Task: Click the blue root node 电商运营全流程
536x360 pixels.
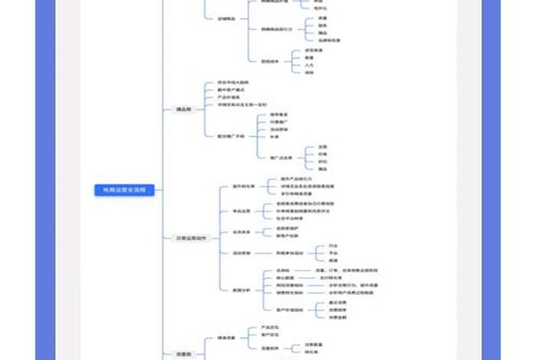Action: pyautogui.click(x=124, y=189)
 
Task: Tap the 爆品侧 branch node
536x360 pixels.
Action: pyautogui.click(x=183, y=110)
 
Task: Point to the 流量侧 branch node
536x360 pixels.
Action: pyautogui.click(x=183, y=354)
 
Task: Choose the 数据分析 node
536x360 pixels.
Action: pyautogui.click(x=241, y=290)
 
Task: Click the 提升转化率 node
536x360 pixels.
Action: pyautogui.click(x=243, y=186)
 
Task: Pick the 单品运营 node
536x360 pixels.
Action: pyautogui.click(x=242, y=211)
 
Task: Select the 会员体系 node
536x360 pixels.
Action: pyautogui.click(x=242, y=231)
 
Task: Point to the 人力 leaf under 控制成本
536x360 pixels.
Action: pyautogui.click(x=309, y=65)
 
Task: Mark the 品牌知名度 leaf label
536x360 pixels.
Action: pyautogui.click(x=329, y=40)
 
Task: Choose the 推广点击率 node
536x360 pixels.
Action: pyautogui.click(x=282, y=157)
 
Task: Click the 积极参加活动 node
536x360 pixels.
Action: pyautogui.click(x=290, y=252)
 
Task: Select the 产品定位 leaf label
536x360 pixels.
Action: pyautogui.click(x=269, y=327)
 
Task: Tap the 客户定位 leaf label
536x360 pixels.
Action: pyautogui.click(x=269, y=335)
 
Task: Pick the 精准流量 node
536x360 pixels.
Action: pyautogui.click(x=226, y=338)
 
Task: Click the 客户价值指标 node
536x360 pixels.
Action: pyautogui.click(x=290, y=309)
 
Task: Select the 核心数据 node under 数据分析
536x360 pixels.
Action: pyautogui.click(x=285, y=277)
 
